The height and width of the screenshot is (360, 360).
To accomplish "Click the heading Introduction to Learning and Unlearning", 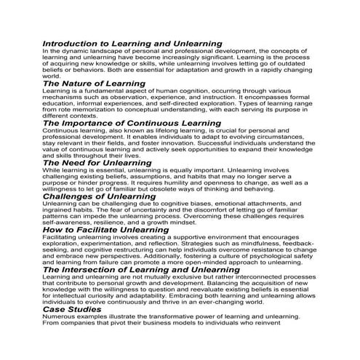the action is [132, 44].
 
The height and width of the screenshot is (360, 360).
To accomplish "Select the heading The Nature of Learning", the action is [95, 84].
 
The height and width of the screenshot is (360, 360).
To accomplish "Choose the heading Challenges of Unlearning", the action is [101, 196].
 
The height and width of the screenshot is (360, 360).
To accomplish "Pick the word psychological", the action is [267, 257].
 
